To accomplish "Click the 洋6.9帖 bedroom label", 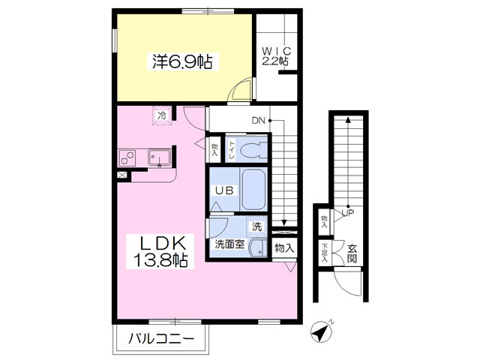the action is click(182, 61).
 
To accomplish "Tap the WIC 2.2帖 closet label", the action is click(276, 56).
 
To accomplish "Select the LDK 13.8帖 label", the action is click(160, 252).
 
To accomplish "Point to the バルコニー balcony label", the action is click(161, 339).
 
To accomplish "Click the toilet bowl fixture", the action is click(253, 150).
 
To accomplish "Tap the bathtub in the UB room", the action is click(253, 189).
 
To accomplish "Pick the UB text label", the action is click(224, 190).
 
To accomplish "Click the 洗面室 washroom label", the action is click(229, 244).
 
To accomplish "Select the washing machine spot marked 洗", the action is click(256, 226).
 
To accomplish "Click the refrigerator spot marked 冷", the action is click(162, 115).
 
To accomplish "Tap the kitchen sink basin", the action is click(160, 157).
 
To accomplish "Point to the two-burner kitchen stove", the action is click(127, 157).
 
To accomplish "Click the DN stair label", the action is click(258, 121).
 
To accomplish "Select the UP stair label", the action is click(347, 213).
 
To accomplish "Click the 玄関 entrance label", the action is click(352, 253).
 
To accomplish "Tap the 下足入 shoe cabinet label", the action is click(325, 253).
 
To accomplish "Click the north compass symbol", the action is click(320, 331).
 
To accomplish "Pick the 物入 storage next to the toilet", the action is click(214, 150).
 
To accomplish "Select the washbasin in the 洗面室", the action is click(258, 248).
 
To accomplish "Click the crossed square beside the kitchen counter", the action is click(121, 175).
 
